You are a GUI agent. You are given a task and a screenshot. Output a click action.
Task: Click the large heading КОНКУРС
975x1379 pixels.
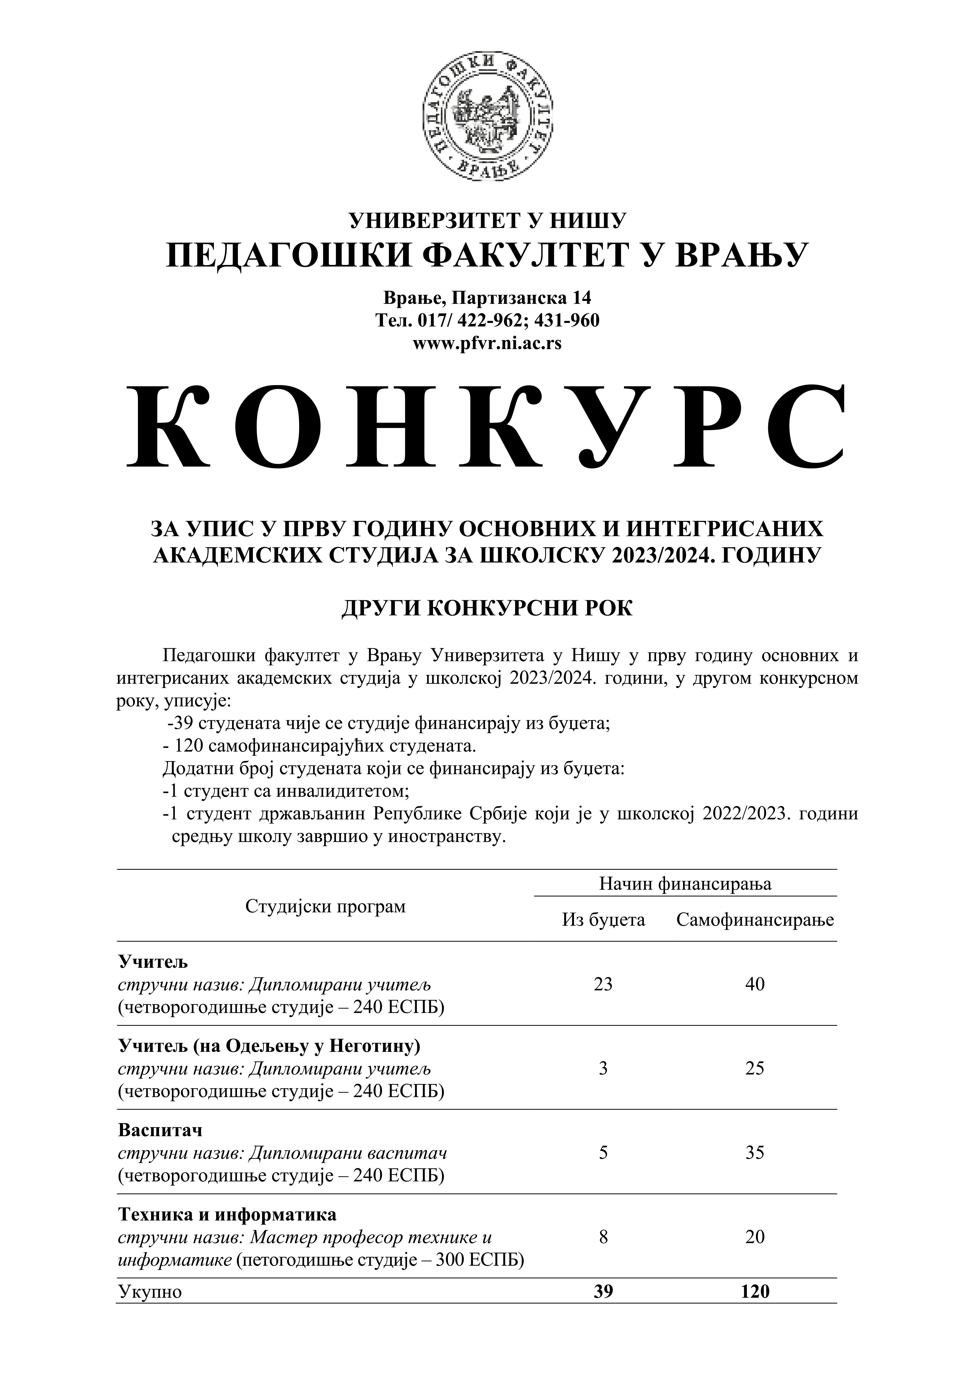pos(487,428)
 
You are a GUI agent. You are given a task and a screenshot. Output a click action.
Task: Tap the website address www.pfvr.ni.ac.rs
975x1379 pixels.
pos(487,344)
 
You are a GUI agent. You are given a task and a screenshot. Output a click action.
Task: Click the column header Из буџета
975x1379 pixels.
pos(603,919)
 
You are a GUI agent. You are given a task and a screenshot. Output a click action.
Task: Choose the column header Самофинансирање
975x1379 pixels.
pos(755,919)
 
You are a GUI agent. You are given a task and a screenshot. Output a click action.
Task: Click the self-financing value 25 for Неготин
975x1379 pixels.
pos(755,1068)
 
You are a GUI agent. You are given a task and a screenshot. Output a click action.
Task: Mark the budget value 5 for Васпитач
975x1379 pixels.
pos(603,1152)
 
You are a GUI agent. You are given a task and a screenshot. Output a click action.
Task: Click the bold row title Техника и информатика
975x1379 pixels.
pos(227,1214)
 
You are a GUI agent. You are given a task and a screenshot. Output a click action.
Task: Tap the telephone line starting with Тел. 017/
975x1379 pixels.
pos(487,320)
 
